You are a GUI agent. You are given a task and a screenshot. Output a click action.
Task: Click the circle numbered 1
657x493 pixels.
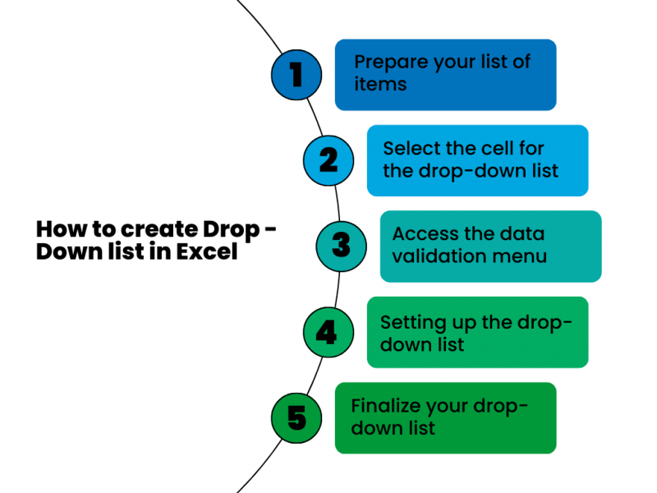pyautogui.click(x=296, y=75)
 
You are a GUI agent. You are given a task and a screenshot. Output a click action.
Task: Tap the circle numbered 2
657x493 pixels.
pyautogui.click(x=328, y=159)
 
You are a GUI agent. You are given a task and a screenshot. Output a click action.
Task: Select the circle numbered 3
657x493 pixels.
pyautogui.click(x=341, y=245)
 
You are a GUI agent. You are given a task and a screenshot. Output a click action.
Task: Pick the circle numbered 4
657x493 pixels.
pyautogui.click(x=327, y=331)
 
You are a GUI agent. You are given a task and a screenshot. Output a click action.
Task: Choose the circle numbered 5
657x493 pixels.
pyautogui.click(x=296, y=417)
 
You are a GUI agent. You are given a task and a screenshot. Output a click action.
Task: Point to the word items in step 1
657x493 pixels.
pyautogui.click(x=380, y=85)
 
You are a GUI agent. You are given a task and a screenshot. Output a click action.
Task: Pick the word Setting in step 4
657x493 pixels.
pyautogui.click(x=411, y=321)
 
